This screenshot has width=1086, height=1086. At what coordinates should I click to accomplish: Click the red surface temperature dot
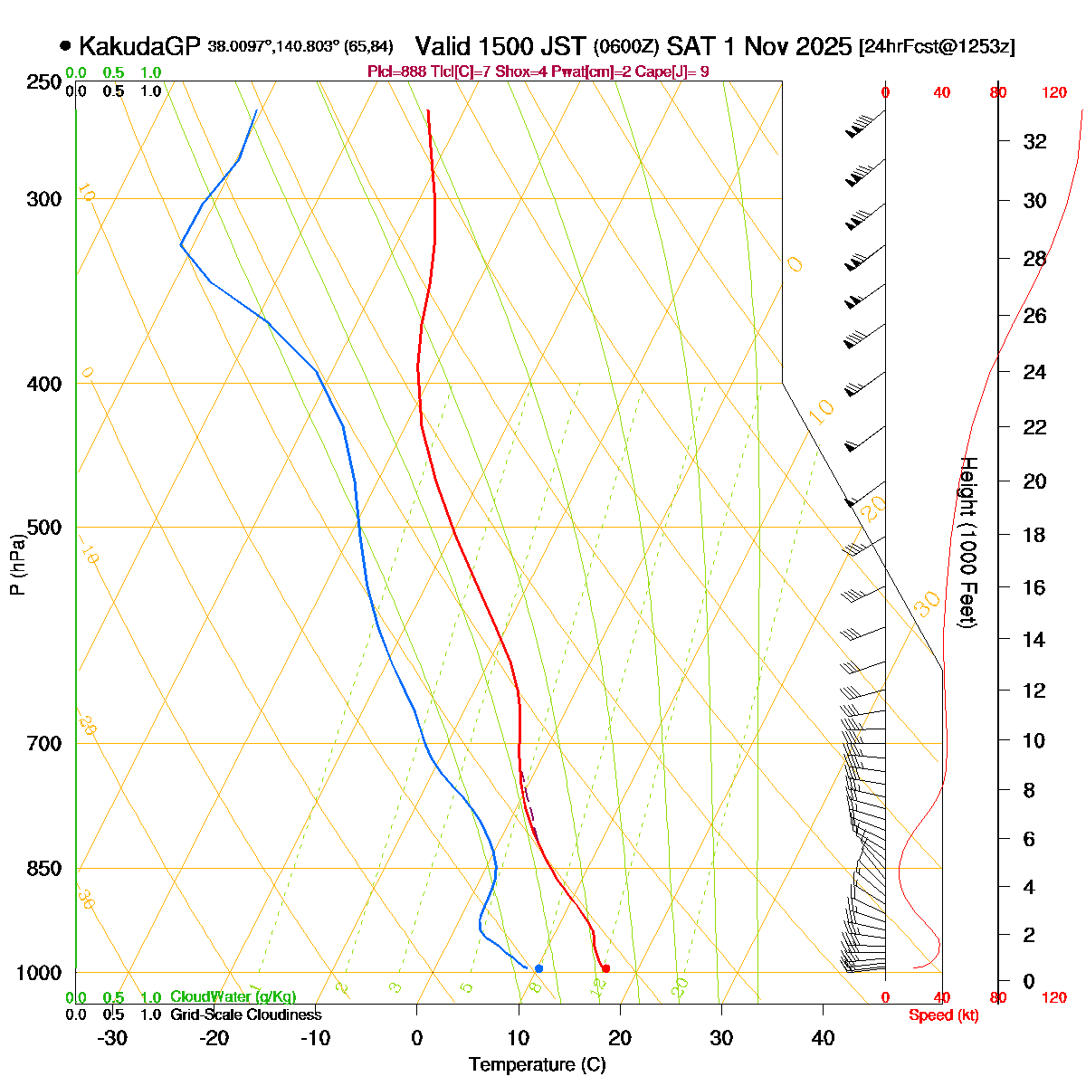click(x=605, y=968)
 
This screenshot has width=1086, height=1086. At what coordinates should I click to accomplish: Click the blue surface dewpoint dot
click(x=538, y=968)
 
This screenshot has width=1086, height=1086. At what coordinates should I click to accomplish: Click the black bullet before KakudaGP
click(x=65, y=45)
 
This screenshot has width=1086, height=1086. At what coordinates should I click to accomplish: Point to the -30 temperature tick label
click(x=111, y=1037)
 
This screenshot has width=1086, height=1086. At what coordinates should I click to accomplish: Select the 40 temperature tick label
click(x=823, y=1037)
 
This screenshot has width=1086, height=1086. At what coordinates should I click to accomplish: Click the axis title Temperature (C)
click(x=538, y=1064)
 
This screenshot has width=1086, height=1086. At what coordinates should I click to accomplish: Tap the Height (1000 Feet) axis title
click(x=967, y=542)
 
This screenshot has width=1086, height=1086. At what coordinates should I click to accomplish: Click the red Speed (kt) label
click(x=944, y=1015)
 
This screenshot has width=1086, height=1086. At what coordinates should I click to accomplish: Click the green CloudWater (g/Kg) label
click(x=233, y=996)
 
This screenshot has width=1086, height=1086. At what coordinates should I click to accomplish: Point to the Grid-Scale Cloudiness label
click(x=245, y=1015)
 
